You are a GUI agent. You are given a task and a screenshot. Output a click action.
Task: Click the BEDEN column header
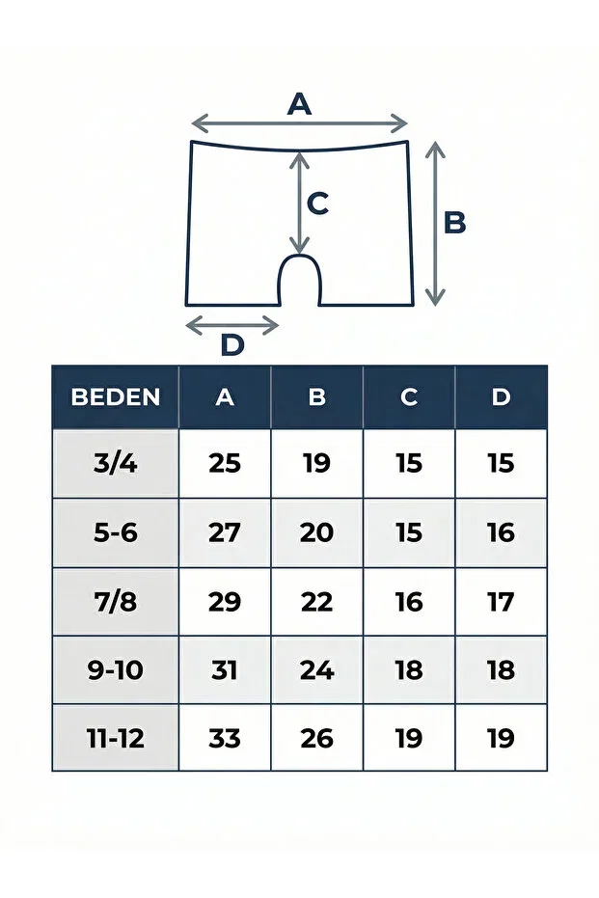click(x=115, y=396)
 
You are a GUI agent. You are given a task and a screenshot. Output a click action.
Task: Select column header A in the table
click(x=225, y=396)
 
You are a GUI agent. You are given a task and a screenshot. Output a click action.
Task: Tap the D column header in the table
click(x=501, y=396)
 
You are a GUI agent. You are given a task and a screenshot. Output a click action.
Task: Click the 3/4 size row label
click(x=115, y=463)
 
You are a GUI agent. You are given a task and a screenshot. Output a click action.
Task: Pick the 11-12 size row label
click(x=115, y=738)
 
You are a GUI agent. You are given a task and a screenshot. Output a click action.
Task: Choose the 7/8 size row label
click(x=115, y=601)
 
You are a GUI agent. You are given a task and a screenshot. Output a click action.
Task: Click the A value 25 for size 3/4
click(x=225, y=463)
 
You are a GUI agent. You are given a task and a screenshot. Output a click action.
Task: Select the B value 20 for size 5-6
click(x=316, y=532)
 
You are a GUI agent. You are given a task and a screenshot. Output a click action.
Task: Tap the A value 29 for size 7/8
click(x=225, y=602)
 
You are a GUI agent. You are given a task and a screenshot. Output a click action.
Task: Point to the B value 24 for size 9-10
click(x=316, y=670)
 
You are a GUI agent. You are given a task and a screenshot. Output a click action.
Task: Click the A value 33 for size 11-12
click(x=225, y=739)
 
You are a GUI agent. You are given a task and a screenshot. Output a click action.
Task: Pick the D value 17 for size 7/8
click(x=501, y=602)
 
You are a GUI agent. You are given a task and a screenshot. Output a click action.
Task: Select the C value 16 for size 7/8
click(x=409, y=602)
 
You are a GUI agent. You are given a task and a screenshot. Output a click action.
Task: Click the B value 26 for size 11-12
click(x=316, y=739)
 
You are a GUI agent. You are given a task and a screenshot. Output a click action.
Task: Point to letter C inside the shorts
click(x=317, y=203)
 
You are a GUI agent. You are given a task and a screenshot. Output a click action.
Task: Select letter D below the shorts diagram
click(x=232, y=344)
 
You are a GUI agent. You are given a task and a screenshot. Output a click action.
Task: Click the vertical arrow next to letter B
click(x=435, y=224)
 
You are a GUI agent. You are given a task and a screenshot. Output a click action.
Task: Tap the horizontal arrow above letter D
click(x=232, y=325)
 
